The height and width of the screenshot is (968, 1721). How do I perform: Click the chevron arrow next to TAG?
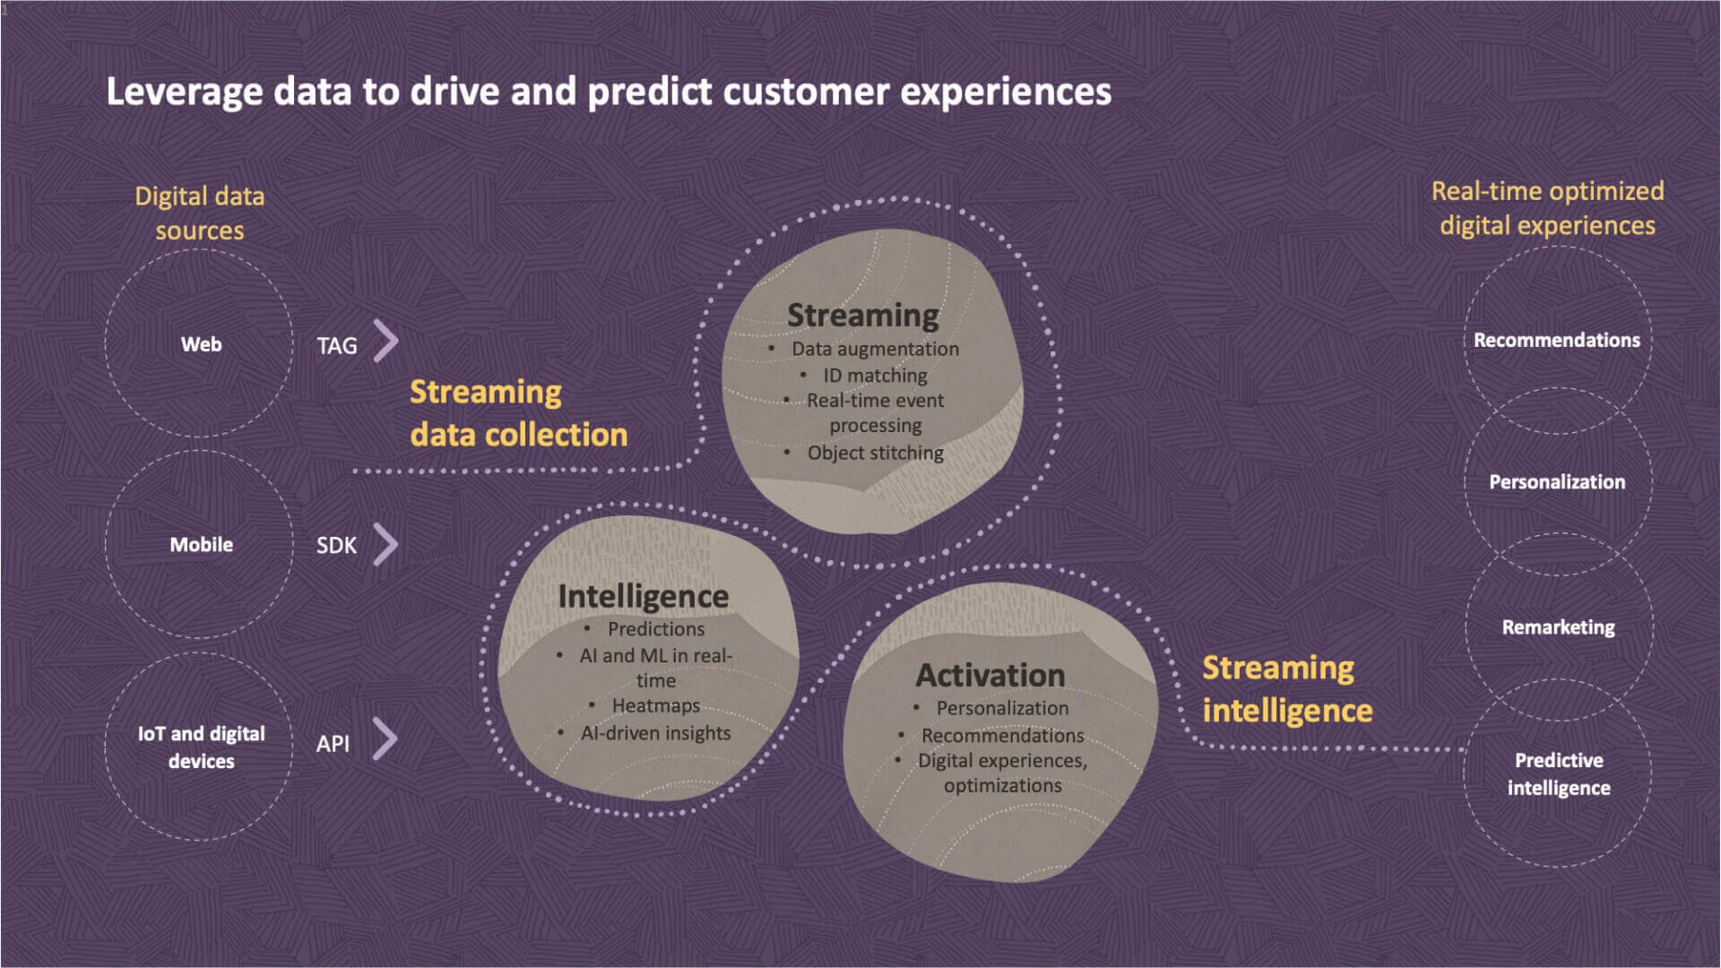click(385, 341)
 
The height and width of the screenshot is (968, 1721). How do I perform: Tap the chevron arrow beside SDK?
click(385, 544)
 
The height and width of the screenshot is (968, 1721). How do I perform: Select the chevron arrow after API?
click(385, 739)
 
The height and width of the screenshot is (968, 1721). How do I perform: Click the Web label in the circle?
click(201, 345)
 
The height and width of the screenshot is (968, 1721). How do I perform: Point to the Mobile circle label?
click(201, 545)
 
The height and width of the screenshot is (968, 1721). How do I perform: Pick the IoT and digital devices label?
click(201, 748)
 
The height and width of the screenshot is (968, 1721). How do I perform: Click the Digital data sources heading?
click(199, 213)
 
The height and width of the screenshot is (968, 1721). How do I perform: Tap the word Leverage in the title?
click(184, 92)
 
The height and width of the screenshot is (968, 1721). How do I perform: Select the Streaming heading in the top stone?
click(862, 315)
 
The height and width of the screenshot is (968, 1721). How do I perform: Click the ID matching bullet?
click(875, 376)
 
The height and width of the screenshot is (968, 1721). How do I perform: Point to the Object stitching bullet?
click(875, 454)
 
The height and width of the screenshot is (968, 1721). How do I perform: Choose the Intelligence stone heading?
click(643, 596)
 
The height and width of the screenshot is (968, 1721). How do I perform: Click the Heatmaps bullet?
click(655, 706)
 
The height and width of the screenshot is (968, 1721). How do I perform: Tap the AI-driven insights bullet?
click(655, 733)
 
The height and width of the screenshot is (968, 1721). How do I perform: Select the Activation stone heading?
click(990, 675)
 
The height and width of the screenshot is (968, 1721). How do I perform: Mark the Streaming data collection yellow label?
click(518, 413)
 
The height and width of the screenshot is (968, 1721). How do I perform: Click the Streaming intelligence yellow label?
click(1286, 689)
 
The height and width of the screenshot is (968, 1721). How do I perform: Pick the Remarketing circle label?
click(1558, 627)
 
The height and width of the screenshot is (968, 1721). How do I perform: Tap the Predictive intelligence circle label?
click(1558, 774)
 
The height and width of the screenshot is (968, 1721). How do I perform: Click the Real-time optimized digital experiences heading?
click(1547, 208)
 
